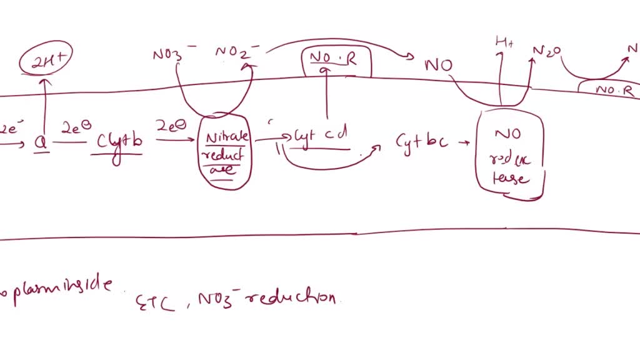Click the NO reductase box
click(509, 156)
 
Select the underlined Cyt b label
click(118, 143)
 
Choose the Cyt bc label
click(421, 141)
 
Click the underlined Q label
click(40, 143)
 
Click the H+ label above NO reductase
click(503, 43)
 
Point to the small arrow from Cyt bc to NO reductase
click(465, 142)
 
